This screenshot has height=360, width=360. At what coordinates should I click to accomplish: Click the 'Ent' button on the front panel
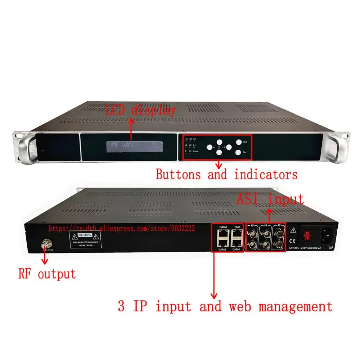[x=239, y=142]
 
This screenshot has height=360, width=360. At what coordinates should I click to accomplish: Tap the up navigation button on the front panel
[x=219, y=141]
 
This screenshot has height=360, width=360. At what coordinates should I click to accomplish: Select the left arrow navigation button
[x=210, y=147]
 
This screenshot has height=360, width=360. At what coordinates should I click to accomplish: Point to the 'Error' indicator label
[x=195, y=152]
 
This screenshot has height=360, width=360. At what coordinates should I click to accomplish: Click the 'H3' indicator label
[x=186, y=139]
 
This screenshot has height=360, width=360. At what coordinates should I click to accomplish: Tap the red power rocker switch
[x=307, y=235]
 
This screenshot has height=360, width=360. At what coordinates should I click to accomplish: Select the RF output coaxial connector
[x=45, y=244]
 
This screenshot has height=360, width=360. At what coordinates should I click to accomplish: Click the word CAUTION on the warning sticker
[x=87, y=235]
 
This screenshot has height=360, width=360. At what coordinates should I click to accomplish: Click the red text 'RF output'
[x=47, y=274]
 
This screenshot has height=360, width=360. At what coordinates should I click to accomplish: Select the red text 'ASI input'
[x=270, y=199]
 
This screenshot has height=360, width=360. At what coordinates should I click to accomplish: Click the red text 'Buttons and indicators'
[x=227, y=175]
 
